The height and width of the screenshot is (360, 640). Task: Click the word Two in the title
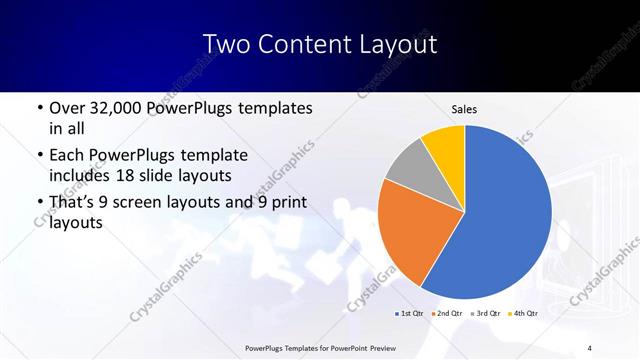pyautogui.click(x=225, y=45)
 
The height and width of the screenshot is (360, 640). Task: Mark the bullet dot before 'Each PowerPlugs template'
pyautogui.click(x=39, y=156)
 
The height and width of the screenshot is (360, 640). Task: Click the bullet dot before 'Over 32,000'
pyautogui.click(x=39, y=108)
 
